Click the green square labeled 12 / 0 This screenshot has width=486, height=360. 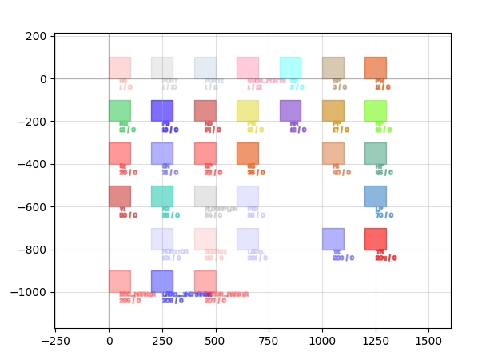click(120, 110)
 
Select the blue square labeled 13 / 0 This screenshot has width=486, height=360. click(162, 110)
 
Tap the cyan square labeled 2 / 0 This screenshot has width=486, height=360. click(290, 68)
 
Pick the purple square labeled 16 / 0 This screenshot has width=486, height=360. click(290, 110)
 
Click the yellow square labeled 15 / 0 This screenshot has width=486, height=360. click(248, 110)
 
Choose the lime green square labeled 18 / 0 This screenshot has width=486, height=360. click(376, 110)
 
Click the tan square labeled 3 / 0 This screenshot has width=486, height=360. click(333, 68)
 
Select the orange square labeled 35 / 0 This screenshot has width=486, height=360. click(248, 154)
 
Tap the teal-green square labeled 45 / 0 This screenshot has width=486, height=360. click(376, 154)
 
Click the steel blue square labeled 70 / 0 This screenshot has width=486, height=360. click(376, 196)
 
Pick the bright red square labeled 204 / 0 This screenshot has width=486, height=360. click(376, 239)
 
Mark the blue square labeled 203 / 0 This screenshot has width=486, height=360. click(333, 239)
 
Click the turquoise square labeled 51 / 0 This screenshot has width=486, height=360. click(162, 196)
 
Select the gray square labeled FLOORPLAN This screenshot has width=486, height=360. click(205, 196)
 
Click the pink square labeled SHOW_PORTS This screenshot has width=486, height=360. click(248, 68)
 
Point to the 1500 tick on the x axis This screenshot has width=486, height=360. click(429, 328)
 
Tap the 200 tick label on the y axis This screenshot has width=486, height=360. click(37, 36)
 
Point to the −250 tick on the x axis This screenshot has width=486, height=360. click(55, 328)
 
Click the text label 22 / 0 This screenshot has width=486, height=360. click(213, 172)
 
